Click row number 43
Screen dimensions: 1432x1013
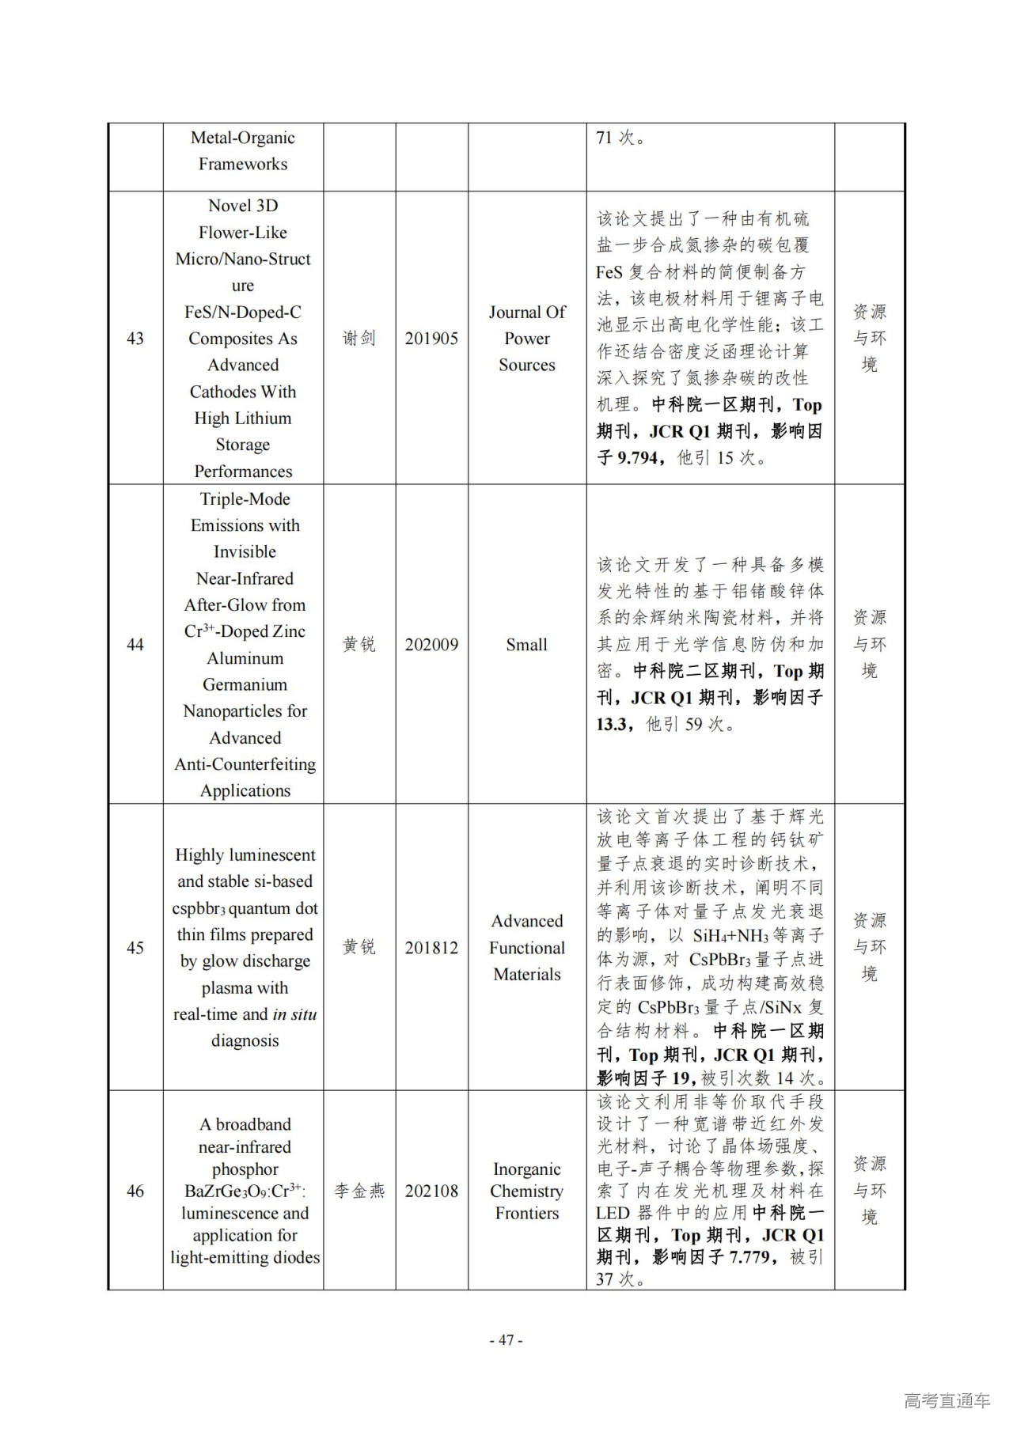135,339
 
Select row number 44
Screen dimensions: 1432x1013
135,645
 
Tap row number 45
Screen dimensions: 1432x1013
135,948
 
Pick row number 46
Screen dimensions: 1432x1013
135,1191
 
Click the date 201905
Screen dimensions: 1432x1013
431,339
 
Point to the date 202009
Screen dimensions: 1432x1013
431,645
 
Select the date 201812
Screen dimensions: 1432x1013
431,948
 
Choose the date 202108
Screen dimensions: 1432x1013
431,1191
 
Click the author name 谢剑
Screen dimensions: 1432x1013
359,339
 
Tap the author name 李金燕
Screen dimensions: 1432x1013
359,1191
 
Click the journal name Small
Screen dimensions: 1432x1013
526,645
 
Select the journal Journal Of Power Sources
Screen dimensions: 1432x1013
527,339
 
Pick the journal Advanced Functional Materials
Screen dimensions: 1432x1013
527,948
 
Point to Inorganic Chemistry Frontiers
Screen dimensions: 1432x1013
527,1191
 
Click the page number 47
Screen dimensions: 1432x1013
506,1340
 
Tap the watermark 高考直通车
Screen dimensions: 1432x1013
947,1400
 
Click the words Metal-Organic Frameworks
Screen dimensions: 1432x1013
243,151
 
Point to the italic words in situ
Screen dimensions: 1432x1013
294,1014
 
